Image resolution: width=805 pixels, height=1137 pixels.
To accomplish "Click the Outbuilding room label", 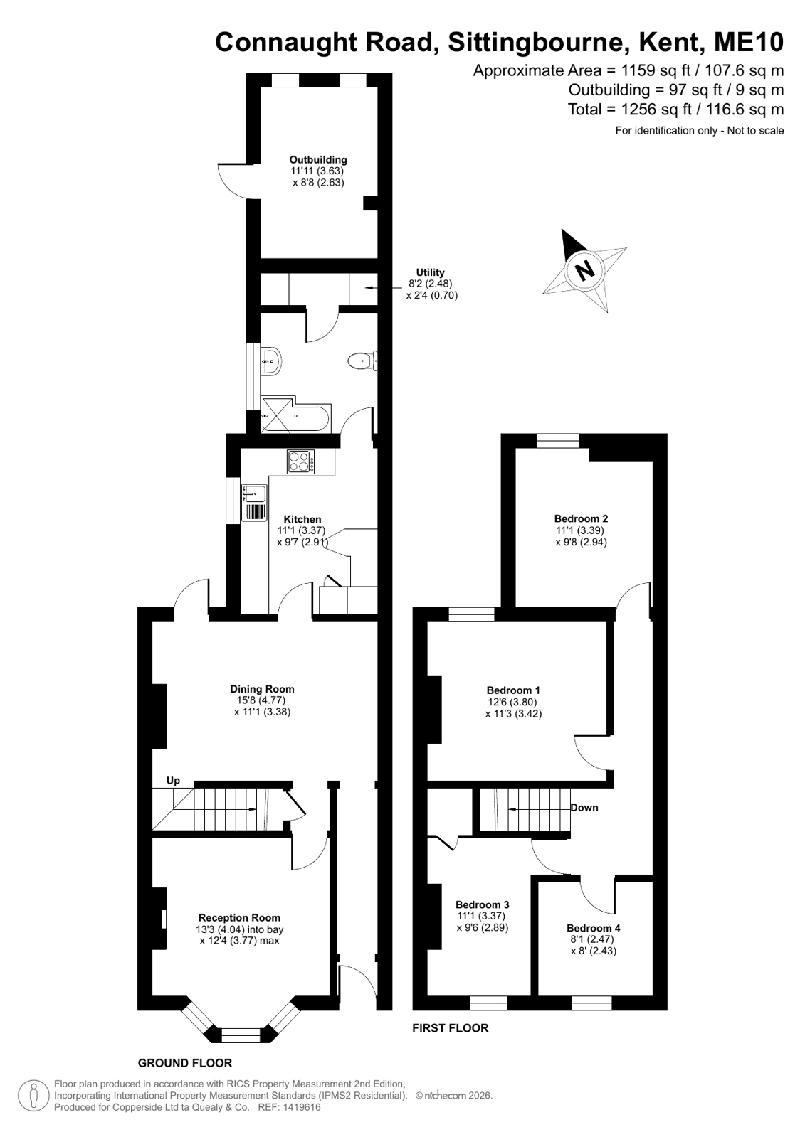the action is coord(318,159).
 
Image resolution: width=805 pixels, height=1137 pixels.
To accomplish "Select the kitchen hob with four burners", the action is coord(300,462).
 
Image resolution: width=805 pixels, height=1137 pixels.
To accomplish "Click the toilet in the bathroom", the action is coord(362,361).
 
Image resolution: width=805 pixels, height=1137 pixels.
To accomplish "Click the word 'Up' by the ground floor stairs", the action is coord(173,780).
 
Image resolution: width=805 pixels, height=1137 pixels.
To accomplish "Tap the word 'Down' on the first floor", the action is coord(584,808).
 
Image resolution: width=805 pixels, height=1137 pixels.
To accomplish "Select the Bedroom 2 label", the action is coord(581,518).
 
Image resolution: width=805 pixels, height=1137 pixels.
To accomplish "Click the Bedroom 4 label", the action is coord(594,928).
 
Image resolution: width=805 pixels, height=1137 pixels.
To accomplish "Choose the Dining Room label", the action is coord(262,689).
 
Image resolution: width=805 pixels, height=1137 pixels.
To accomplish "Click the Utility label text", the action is coord(431,272).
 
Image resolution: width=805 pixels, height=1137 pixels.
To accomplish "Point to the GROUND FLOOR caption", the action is coord(185,1063).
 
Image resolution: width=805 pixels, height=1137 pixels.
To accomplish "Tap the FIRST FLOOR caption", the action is coord(451,1028).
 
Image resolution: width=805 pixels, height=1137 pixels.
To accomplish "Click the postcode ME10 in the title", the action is coord(749,42).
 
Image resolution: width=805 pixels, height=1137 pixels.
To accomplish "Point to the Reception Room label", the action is coord(239,917).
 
